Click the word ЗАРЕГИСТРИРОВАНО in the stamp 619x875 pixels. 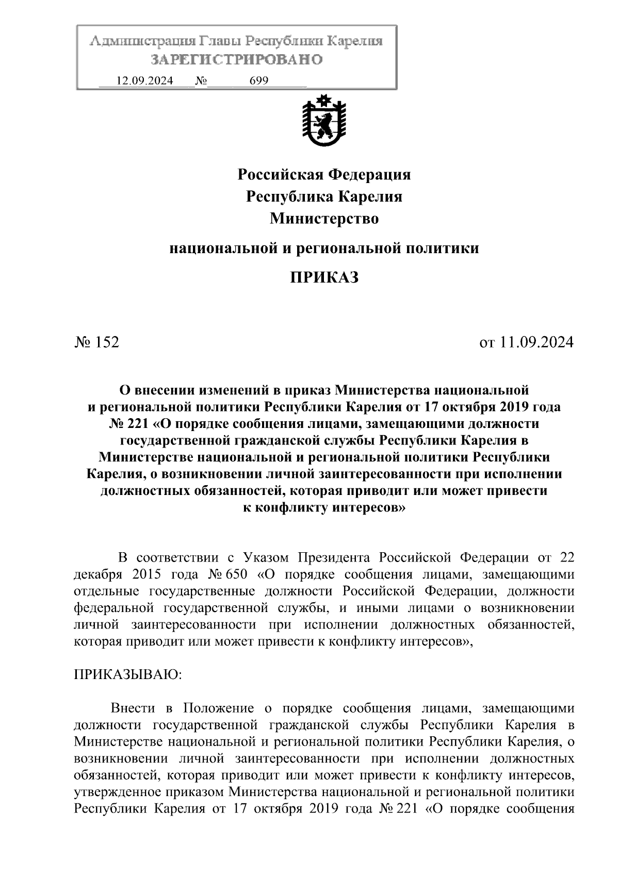pyautogui.click(x=237, y=60)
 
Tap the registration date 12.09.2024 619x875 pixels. pyautogui.click(x=145, y=81)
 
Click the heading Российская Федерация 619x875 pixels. pyautogui.click(x=324, y=175)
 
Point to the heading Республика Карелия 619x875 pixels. pyautogui.click(x=324, y=197)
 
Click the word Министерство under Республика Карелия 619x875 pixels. pyautogui.click(x=324, y=219)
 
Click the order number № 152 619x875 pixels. pyautogui.click(x=97, y=342)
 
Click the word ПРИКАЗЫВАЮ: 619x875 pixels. pyautogui.click(x=128, y=675)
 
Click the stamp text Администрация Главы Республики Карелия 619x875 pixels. pyautogui.click(x=236, y=41)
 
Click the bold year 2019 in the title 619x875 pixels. pyautogui.click(x=517, y=407)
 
